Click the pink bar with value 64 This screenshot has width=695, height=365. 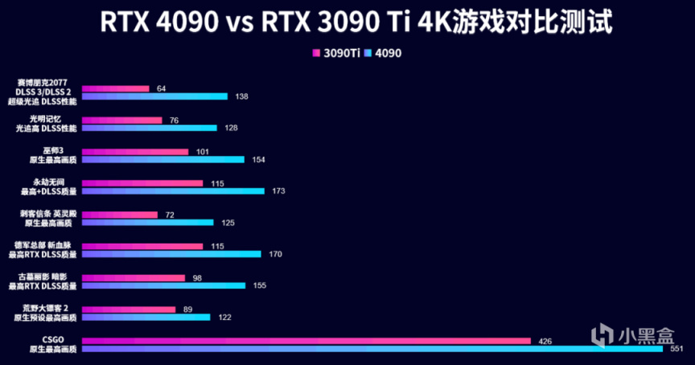tap(116, 88)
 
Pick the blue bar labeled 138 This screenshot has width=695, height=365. tap(155, 96)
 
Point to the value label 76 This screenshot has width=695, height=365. tap(174, 120)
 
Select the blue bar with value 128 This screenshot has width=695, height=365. tap(150, 128)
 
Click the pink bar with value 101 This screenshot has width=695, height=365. tap(135, 151)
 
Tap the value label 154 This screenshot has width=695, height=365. tap(258, 159)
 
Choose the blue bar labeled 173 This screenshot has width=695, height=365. tap(173, 191)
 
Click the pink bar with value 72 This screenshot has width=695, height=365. tap(120, 215)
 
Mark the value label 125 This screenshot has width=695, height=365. tap(228, 222)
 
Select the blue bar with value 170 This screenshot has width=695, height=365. tap(171, 254)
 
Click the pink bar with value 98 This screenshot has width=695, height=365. tap(134, 277)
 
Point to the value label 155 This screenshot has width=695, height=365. tap(259, 285)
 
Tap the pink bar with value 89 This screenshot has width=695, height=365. tap(129, 309)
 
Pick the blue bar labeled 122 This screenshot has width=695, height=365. tap(146, 317)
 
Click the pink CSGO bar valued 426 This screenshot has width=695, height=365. tap(306, 341)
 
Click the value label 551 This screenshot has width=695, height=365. tap(677, 349)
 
